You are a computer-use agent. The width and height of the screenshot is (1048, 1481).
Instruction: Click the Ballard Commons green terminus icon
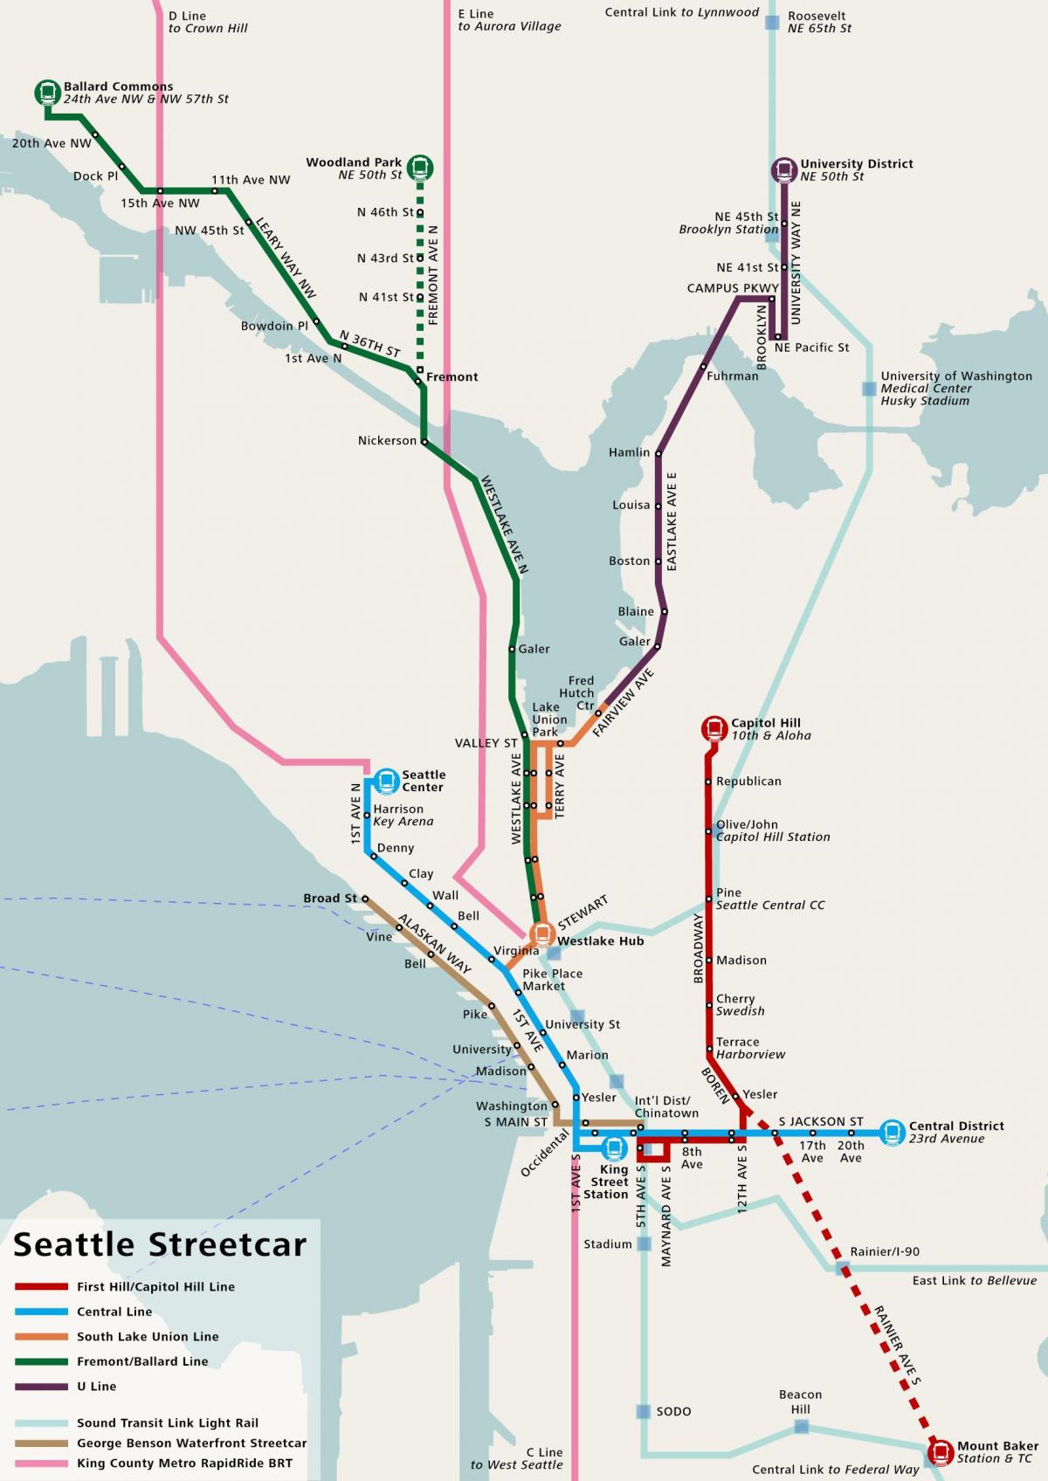tap(47, 91)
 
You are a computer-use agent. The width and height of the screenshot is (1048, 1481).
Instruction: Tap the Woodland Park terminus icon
tap(421, 167)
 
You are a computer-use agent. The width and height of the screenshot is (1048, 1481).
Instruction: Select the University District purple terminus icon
tap(784, 169)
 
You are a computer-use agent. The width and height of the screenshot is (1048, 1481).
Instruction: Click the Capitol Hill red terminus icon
tap(714, 727)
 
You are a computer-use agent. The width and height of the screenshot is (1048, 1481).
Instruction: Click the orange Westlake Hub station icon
tap(542, 934)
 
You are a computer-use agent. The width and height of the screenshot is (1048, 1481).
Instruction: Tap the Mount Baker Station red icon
tap(941, 1451)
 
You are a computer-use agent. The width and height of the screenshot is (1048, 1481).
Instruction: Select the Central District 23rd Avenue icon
tap(893, 1133)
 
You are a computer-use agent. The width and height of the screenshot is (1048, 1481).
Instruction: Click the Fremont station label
tap(452, 377)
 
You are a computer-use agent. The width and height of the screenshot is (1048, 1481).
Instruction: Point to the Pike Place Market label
tap(552, 980)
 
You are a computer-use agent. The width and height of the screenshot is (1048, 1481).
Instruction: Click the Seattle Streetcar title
tap(160, 1244)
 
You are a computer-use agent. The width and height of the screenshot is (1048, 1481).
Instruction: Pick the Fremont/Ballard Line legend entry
tap(142, 1361)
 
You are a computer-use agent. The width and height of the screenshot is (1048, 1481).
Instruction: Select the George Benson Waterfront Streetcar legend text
tap(191, 1443)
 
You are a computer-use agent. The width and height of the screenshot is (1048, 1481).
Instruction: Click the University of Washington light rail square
tap(869, 389)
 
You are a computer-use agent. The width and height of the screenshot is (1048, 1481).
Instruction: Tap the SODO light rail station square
tap(644, 1411)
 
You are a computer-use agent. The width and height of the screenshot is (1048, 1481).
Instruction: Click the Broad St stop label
tap(329, 899)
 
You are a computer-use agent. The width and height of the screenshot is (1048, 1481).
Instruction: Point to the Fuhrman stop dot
tap(704, 367)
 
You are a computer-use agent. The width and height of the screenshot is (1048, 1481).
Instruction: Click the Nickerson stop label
tap(387, 441)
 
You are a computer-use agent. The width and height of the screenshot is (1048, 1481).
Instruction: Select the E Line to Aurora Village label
tap(509, 20)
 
